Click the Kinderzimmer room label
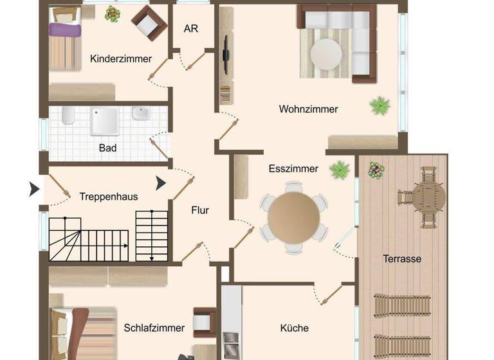(121, 59)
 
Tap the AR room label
(190, 29)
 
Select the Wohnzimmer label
(308, 109)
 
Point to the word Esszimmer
(293, 169)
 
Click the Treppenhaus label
(109, 197)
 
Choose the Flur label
(200, 210)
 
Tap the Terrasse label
(402, 259)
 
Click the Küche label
(294, 328)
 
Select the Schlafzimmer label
(154, 328)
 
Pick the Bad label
(107, 148)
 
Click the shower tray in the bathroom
(104, 120)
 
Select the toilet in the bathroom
(68, 116)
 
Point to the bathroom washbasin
(141, 114)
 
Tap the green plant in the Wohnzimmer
(380, 104)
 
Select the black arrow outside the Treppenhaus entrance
(34, 189)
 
